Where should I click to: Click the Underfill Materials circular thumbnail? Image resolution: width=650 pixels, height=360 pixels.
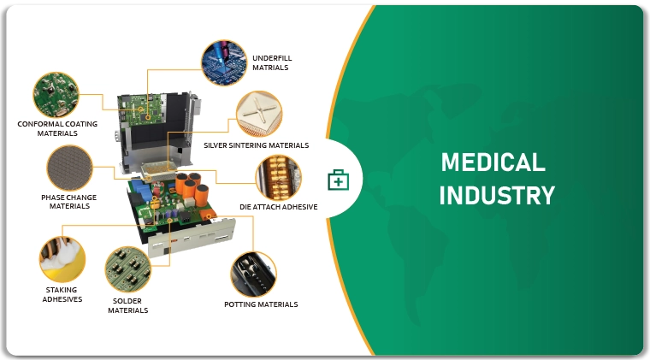pos(224,62)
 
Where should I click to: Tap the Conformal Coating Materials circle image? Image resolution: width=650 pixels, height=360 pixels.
pos(56,95)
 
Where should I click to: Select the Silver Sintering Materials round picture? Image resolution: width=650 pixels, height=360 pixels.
pos(259,114)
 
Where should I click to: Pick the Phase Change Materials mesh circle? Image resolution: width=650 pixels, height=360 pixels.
pos(69,168)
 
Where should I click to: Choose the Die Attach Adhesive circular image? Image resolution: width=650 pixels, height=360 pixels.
pos(279,178)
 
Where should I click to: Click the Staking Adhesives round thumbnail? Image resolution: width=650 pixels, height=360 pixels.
pos(62,259)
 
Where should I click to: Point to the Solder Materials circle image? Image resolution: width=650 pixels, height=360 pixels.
pos(128,269)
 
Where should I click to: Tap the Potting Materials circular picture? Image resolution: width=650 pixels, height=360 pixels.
pos(253,274)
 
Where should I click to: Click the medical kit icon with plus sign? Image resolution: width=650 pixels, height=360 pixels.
pos(339,180)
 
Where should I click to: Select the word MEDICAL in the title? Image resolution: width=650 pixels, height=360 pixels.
pos(493,162)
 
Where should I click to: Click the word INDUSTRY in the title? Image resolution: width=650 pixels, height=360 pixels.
pos(497,196)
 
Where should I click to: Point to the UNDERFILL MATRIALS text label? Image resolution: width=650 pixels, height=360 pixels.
pos(272,63)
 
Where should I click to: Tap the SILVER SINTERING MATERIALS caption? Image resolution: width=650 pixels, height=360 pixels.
pos(257,145)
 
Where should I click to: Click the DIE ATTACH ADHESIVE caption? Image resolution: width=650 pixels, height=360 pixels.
pos(279,207)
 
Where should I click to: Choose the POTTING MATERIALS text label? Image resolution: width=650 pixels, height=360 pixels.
pos(261,304)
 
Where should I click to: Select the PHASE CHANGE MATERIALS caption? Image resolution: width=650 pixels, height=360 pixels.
pos(68,202)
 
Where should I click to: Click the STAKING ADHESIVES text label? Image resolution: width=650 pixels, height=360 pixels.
pos(62,294)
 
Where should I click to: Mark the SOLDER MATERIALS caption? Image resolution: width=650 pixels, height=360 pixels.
pos(127,306)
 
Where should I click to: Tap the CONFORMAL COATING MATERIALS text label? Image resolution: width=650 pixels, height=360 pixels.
pos(57,128)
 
